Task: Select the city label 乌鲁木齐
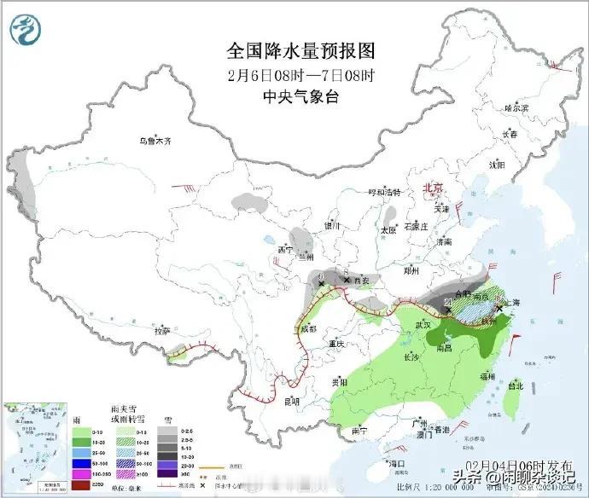pos(156,142)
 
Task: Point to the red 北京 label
pos(434,188)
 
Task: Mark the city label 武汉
pos(416,324)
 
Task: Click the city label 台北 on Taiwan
pos(516,385)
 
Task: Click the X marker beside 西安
pos(346,279)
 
